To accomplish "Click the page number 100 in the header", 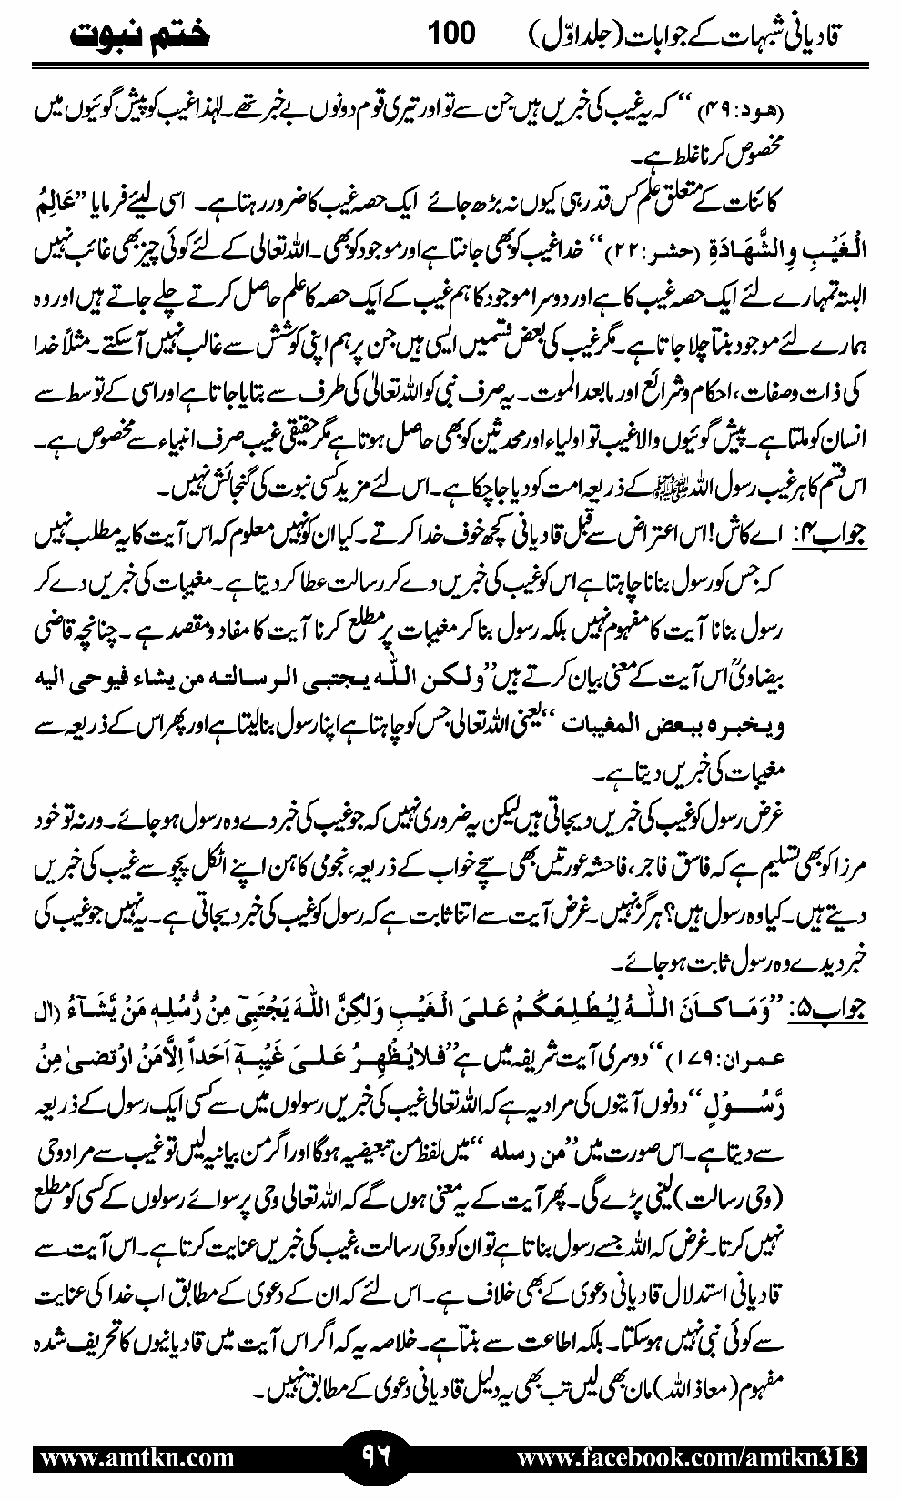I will (450, 35).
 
